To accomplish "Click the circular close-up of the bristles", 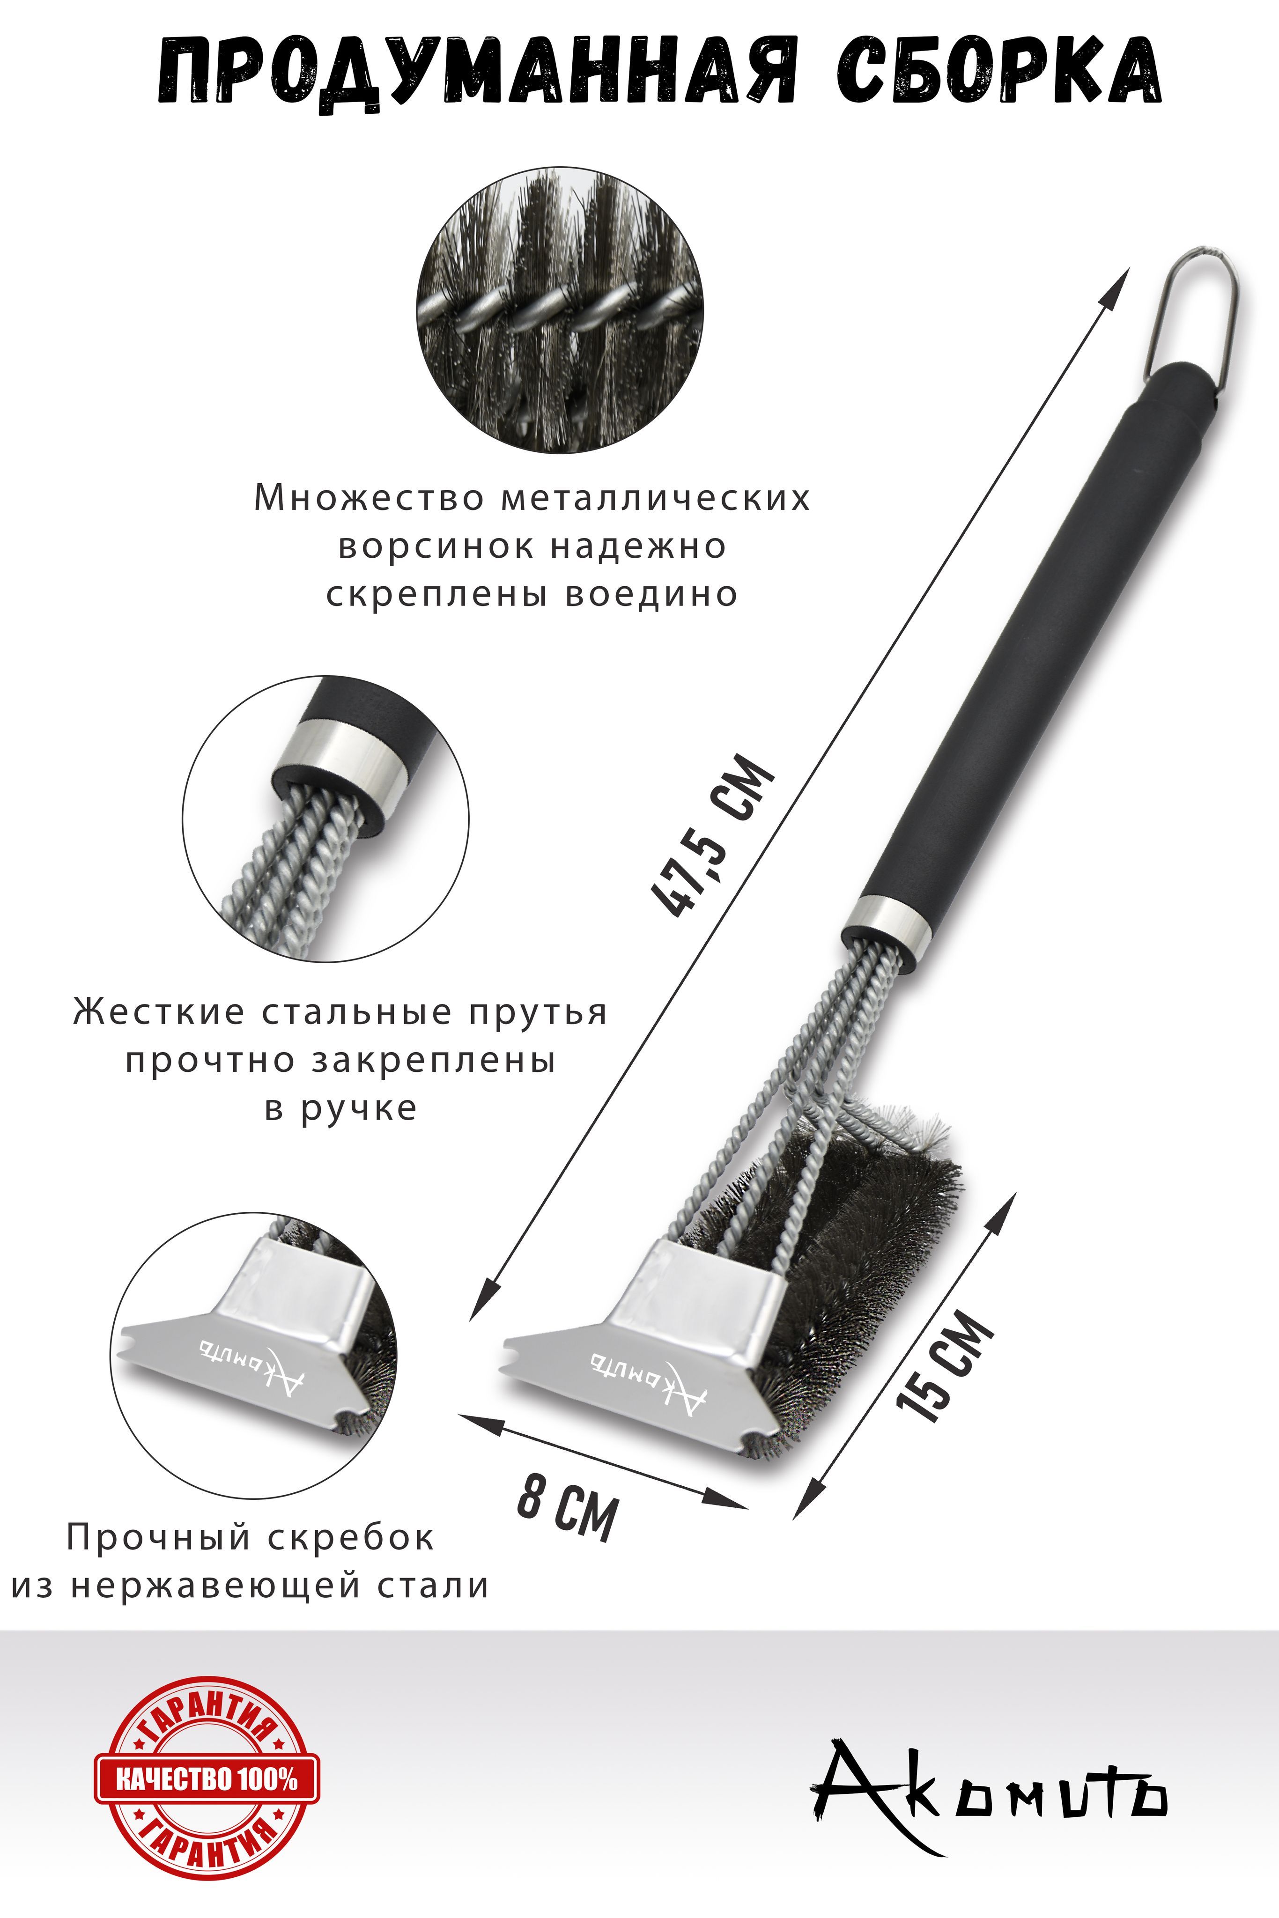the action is [x=561, y=311].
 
